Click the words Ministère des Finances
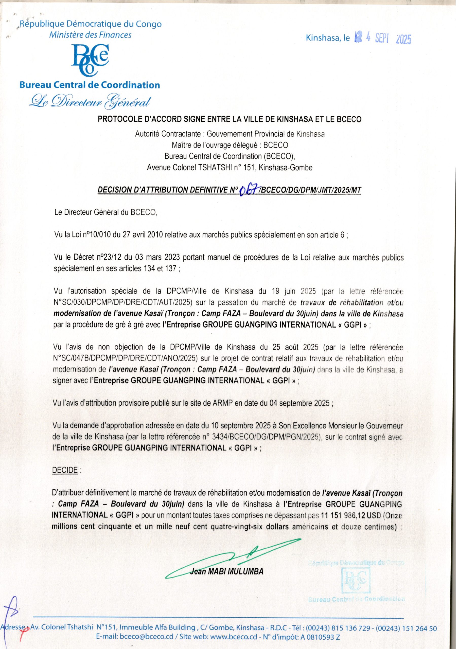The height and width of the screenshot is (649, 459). tap(90, 35)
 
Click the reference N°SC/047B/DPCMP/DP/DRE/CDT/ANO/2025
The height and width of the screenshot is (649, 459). tap(125, 359)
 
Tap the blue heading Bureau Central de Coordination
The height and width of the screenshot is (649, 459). tap(89, 85)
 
